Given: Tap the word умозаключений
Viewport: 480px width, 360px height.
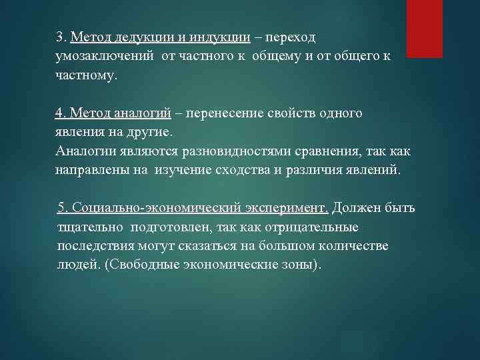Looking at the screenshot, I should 105,56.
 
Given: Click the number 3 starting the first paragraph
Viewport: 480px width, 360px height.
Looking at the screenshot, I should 59,36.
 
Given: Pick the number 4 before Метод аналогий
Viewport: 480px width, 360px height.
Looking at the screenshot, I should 59,113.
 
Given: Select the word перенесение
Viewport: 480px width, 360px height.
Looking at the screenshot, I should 227,113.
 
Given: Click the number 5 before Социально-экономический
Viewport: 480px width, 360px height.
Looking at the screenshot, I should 63,208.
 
